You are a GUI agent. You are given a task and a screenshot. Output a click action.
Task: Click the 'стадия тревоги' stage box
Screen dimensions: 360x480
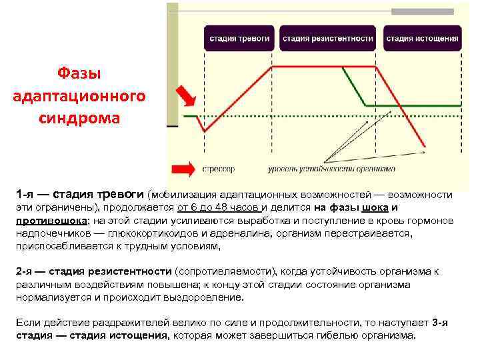pyautogui.click(x=239, y=39)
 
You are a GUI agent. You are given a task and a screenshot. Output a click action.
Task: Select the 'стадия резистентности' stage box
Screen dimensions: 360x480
pyautogui.click(x=327, y=39)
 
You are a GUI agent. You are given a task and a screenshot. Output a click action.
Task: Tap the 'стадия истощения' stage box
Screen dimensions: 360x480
pyautogui.click(x=422, y=39)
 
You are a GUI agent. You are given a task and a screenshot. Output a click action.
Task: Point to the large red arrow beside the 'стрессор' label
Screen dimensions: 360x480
pyautogui.click(x=183, y=169)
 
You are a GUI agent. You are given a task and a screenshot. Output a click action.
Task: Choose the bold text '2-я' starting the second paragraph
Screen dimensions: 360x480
pyautogui.click(x=25, y=271)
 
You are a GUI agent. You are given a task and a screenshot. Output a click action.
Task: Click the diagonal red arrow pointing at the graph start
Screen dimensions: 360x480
pyautogui.click(x=187, y=95)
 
